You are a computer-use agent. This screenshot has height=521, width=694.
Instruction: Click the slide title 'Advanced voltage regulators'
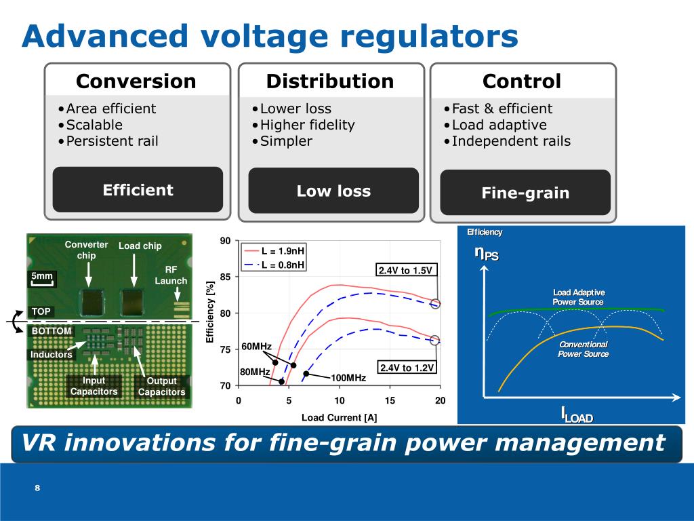point(269,37)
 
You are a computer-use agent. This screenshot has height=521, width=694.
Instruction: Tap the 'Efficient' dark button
point(138,190)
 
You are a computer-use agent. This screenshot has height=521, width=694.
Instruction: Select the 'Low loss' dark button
point(333,191)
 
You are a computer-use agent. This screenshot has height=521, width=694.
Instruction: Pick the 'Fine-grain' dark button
point(525,193)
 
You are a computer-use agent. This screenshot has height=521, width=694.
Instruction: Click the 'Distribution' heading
point(329,81)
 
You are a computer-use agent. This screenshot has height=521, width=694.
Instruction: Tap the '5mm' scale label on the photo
point(42,276)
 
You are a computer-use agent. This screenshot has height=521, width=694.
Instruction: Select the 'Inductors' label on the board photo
point(51,354)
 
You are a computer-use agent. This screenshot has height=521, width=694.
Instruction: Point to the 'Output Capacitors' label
point(161,386)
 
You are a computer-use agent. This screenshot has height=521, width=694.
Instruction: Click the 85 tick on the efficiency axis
point(226,277)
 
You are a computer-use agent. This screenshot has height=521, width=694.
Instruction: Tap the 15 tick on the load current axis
point(390,400)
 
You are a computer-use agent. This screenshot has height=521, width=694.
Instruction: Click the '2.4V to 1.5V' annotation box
point(405,271)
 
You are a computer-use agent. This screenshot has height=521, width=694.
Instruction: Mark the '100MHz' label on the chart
point(348,377)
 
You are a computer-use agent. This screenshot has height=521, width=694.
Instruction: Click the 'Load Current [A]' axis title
point(339,417)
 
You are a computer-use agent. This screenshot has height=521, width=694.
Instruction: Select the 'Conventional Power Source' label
point(584,349)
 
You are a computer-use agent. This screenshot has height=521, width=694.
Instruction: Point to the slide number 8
point(38,489)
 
